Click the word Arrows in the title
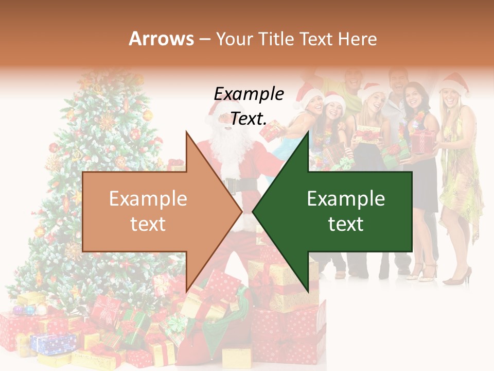tap(162, 39)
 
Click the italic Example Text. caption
tap(249, 106)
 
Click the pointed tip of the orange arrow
tap(240, 211)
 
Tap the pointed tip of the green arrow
tap(254, 211)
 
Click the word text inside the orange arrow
tap(148, 224)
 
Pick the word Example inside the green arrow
tap(346, 199)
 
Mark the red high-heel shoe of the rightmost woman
tap(458, 278)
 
